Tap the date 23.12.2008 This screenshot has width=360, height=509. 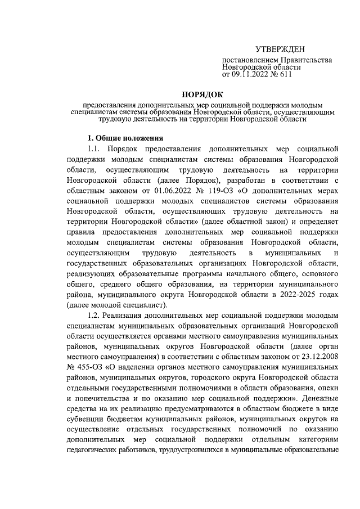click(317, 358)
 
